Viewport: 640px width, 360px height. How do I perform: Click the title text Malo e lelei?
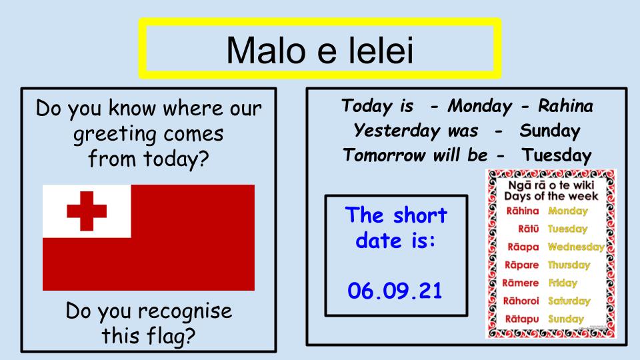(x=320, y=51)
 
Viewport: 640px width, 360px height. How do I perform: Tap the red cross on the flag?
(x=87, y=211)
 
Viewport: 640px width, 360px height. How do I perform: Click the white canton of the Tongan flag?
(x=87, y=211)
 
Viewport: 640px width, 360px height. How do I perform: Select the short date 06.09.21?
(x=395, y=291)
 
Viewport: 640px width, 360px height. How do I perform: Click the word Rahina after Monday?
(x=565, y=106)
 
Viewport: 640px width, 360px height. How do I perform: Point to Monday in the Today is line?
(x=479, y=107)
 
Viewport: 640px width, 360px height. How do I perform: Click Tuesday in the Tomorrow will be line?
(x=557, y=156)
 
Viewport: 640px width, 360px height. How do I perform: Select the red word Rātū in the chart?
(x=529, y=229)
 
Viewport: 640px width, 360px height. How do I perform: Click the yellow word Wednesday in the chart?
(x=576, y=247)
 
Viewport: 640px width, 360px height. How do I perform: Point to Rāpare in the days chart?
(x=521, y=265)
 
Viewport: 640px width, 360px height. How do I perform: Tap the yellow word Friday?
(x=563, y=283)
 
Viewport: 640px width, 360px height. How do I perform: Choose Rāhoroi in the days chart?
(x=521, y=301)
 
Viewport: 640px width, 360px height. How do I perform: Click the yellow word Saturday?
(x=569, y=301)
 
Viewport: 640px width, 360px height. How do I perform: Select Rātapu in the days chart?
(x=522, y=319)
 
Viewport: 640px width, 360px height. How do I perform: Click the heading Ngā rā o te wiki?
(x=551, y=185)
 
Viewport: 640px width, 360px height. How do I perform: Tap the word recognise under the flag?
(x=185, y=311)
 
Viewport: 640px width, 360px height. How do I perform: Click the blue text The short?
(x=396, y=215)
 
